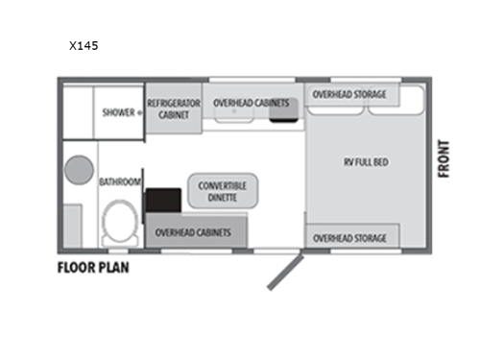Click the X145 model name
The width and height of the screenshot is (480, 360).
(83, 44)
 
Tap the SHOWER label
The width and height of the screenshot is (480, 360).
(118, 112)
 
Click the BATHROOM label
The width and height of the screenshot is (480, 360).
(120, 181)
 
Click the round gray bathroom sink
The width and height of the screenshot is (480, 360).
(78, 171)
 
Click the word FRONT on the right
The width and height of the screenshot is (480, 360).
(444, 159)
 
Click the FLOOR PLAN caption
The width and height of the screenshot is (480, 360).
(92, 267)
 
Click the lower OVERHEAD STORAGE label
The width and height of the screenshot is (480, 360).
(349, 237)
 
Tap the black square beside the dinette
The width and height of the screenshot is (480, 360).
(163, 202)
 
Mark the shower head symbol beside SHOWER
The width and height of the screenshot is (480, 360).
(140, 112)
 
